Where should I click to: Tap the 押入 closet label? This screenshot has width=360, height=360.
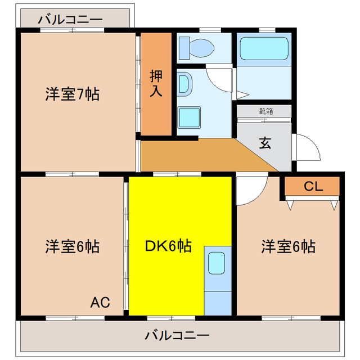156,83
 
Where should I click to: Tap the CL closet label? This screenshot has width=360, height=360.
313,186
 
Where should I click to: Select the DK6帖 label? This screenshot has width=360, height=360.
168,245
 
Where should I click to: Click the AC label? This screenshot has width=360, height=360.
100,302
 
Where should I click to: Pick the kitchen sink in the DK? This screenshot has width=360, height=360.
217,262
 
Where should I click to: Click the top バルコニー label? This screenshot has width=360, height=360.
70,20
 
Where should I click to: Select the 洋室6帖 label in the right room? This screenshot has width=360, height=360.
287,246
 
